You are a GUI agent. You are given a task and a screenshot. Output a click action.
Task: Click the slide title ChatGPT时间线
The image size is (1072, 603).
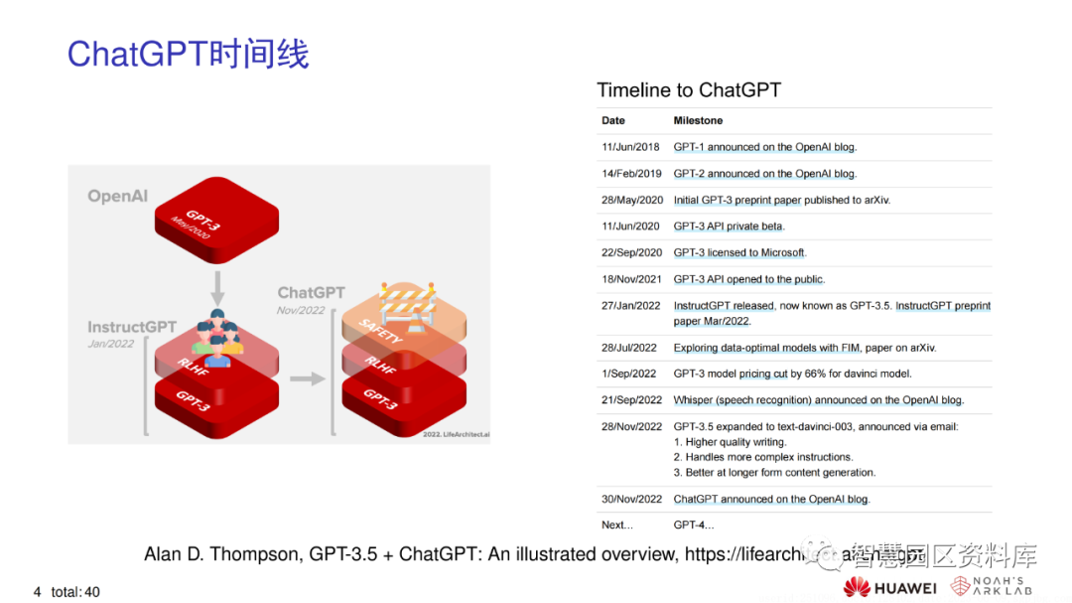[x=188, y=54]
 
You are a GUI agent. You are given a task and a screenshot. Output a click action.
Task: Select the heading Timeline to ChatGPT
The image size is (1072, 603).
[x=688, y=90]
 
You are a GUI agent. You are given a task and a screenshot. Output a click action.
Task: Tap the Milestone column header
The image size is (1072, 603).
[x=698, y=120]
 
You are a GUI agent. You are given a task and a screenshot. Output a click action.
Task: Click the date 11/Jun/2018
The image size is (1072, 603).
[x=630, y=147]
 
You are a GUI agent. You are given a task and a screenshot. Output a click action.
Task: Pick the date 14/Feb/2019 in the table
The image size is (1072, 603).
[x=630, y=173]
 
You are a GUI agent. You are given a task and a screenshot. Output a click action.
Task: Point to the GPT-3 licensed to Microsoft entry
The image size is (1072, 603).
[x=739, y=252]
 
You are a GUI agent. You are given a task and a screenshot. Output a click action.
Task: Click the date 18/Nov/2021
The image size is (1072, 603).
[x=630, y=279]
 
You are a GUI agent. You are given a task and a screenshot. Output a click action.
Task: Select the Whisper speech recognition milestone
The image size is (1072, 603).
[x=818, y=400]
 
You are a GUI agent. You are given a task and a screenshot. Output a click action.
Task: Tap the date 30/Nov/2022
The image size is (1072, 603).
[x=631, y=499]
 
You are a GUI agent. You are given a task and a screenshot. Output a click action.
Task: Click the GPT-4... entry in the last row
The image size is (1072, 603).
[x=693, y=525]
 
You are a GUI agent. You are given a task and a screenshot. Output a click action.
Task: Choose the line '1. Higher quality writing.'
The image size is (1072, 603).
[x=730, y=442]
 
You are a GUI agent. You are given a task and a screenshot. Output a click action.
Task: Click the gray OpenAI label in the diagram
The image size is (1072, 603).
[x=117, y=196]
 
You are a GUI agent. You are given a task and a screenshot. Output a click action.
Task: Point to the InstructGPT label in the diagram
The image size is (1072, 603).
[x=131, y=327]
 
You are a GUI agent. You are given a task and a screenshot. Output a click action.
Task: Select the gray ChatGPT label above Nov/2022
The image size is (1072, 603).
[x=311, y=292]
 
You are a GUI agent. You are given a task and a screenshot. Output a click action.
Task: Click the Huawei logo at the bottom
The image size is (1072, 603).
[x=890, y=587]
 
